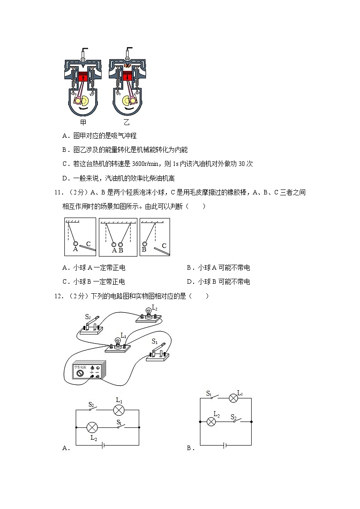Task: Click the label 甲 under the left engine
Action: (x=83, y=122)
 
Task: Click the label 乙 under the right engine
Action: (x=126, y=122)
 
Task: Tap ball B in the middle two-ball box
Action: (x=121, y=244)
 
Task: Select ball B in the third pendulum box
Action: (x=144, y=243)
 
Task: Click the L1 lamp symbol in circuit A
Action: (x=119, y=410)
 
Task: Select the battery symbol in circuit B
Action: (x=224, y=445)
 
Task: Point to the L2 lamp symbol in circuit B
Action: (x=211, y=422)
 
